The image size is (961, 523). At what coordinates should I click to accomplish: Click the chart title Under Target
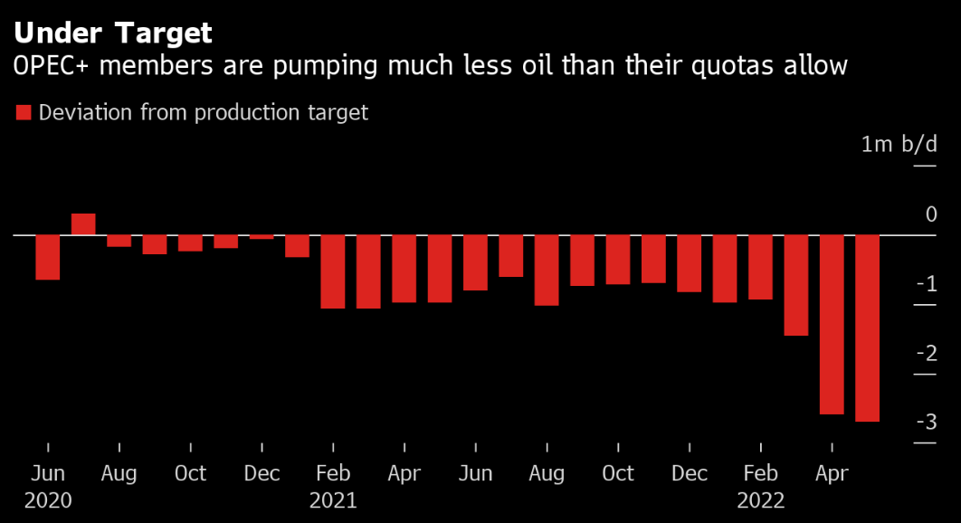pos(113,33)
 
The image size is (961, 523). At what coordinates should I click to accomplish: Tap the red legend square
pos(24,113)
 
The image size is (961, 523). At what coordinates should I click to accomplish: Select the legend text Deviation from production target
pos(204,113)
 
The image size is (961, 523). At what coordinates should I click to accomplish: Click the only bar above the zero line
pos(83,224)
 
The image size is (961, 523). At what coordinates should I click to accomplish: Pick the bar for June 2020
pos(47,257)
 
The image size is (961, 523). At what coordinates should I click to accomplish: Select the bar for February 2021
pos(333,271)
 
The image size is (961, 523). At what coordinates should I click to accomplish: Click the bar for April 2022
pos(832,324)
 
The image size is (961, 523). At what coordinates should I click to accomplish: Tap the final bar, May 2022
pos(867,328)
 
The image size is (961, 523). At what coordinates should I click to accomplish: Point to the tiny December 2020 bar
pos(262,237)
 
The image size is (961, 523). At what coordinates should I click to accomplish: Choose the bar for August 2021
pos(547,270)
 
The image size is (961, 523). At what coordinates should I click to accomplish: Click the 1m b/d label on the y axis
pos(899,145)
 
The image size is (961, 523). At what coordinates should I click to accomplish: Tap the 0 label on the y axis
pos(931,215)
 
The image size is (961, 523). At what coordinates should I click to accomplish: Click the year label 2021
pos(333,500)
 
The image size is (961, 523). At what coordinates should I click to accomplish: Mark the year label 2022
pos(761,500)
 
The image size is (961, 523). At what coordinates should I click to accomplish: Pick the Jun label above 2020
pos(47,473)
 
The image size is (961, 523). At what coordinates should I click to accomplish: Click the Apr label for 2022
pos(832,473)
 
